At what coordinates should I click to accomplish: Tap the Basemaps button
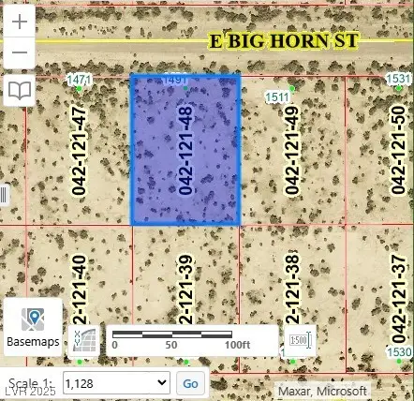click(33, 327)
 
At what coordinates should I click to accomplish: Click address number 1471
click(80, 82)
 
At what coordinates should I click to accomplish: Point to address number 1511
click(277, 97)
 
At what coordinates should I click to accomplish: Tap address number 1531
click(399, 79)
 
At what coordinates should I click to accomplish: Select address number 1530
click(399, 351)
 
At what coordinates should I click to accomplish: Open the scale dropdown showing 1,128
click(116, 382)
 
